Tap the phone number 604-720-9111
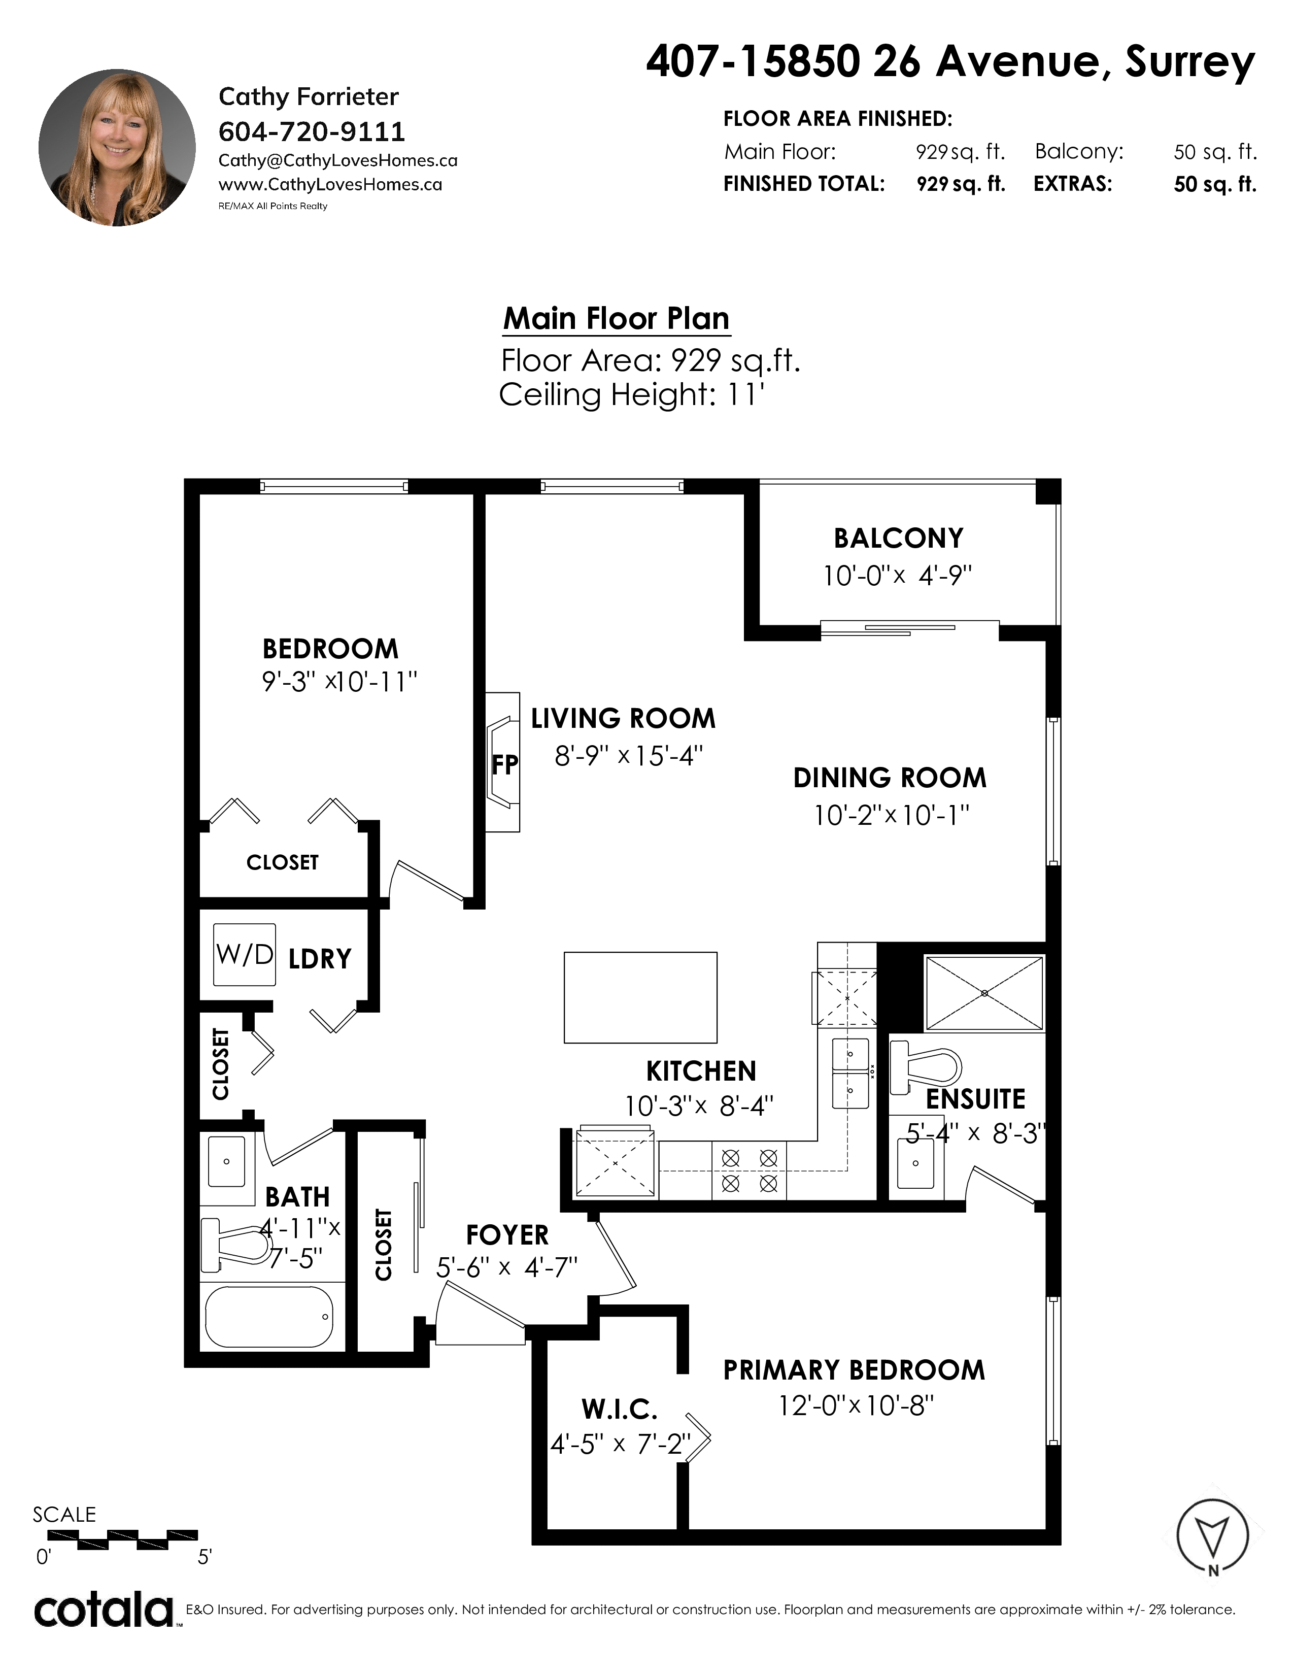pyautogui.click(x=311, y=132)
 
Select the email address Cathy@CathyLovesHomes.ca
pyautogui.click(x=337, y=160)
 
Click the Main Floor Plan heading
pyautogui.click(x=617, y=318)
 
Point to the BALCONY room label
pyautogui.click(x=898, y=539)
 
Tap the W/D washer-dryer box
pyautogui.click(x=244, y=955)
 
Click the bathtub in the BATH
pyautogui.click(x=269, y=1316)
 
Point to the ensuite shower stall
pyautogui.click(x=984, y=993)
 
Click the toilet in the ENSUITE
pyautogui.click(x=925, y=1066)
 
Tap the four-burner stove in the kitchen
pyautogui.click(x=750, y=1169)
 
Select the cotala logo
pyautogui.click(x=104, y=1612)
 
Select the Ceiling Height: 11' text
pyautogui.click(x=632, y=395)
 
